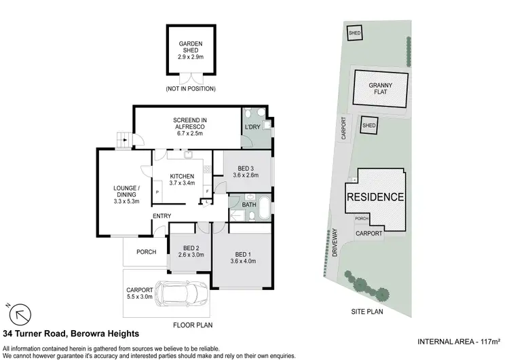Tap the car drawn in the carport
pos(181,293)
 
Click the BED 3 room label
pos(243,172)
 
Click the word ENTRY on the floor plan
pos(162,216)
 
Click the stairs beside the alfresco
pos(123,139)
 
